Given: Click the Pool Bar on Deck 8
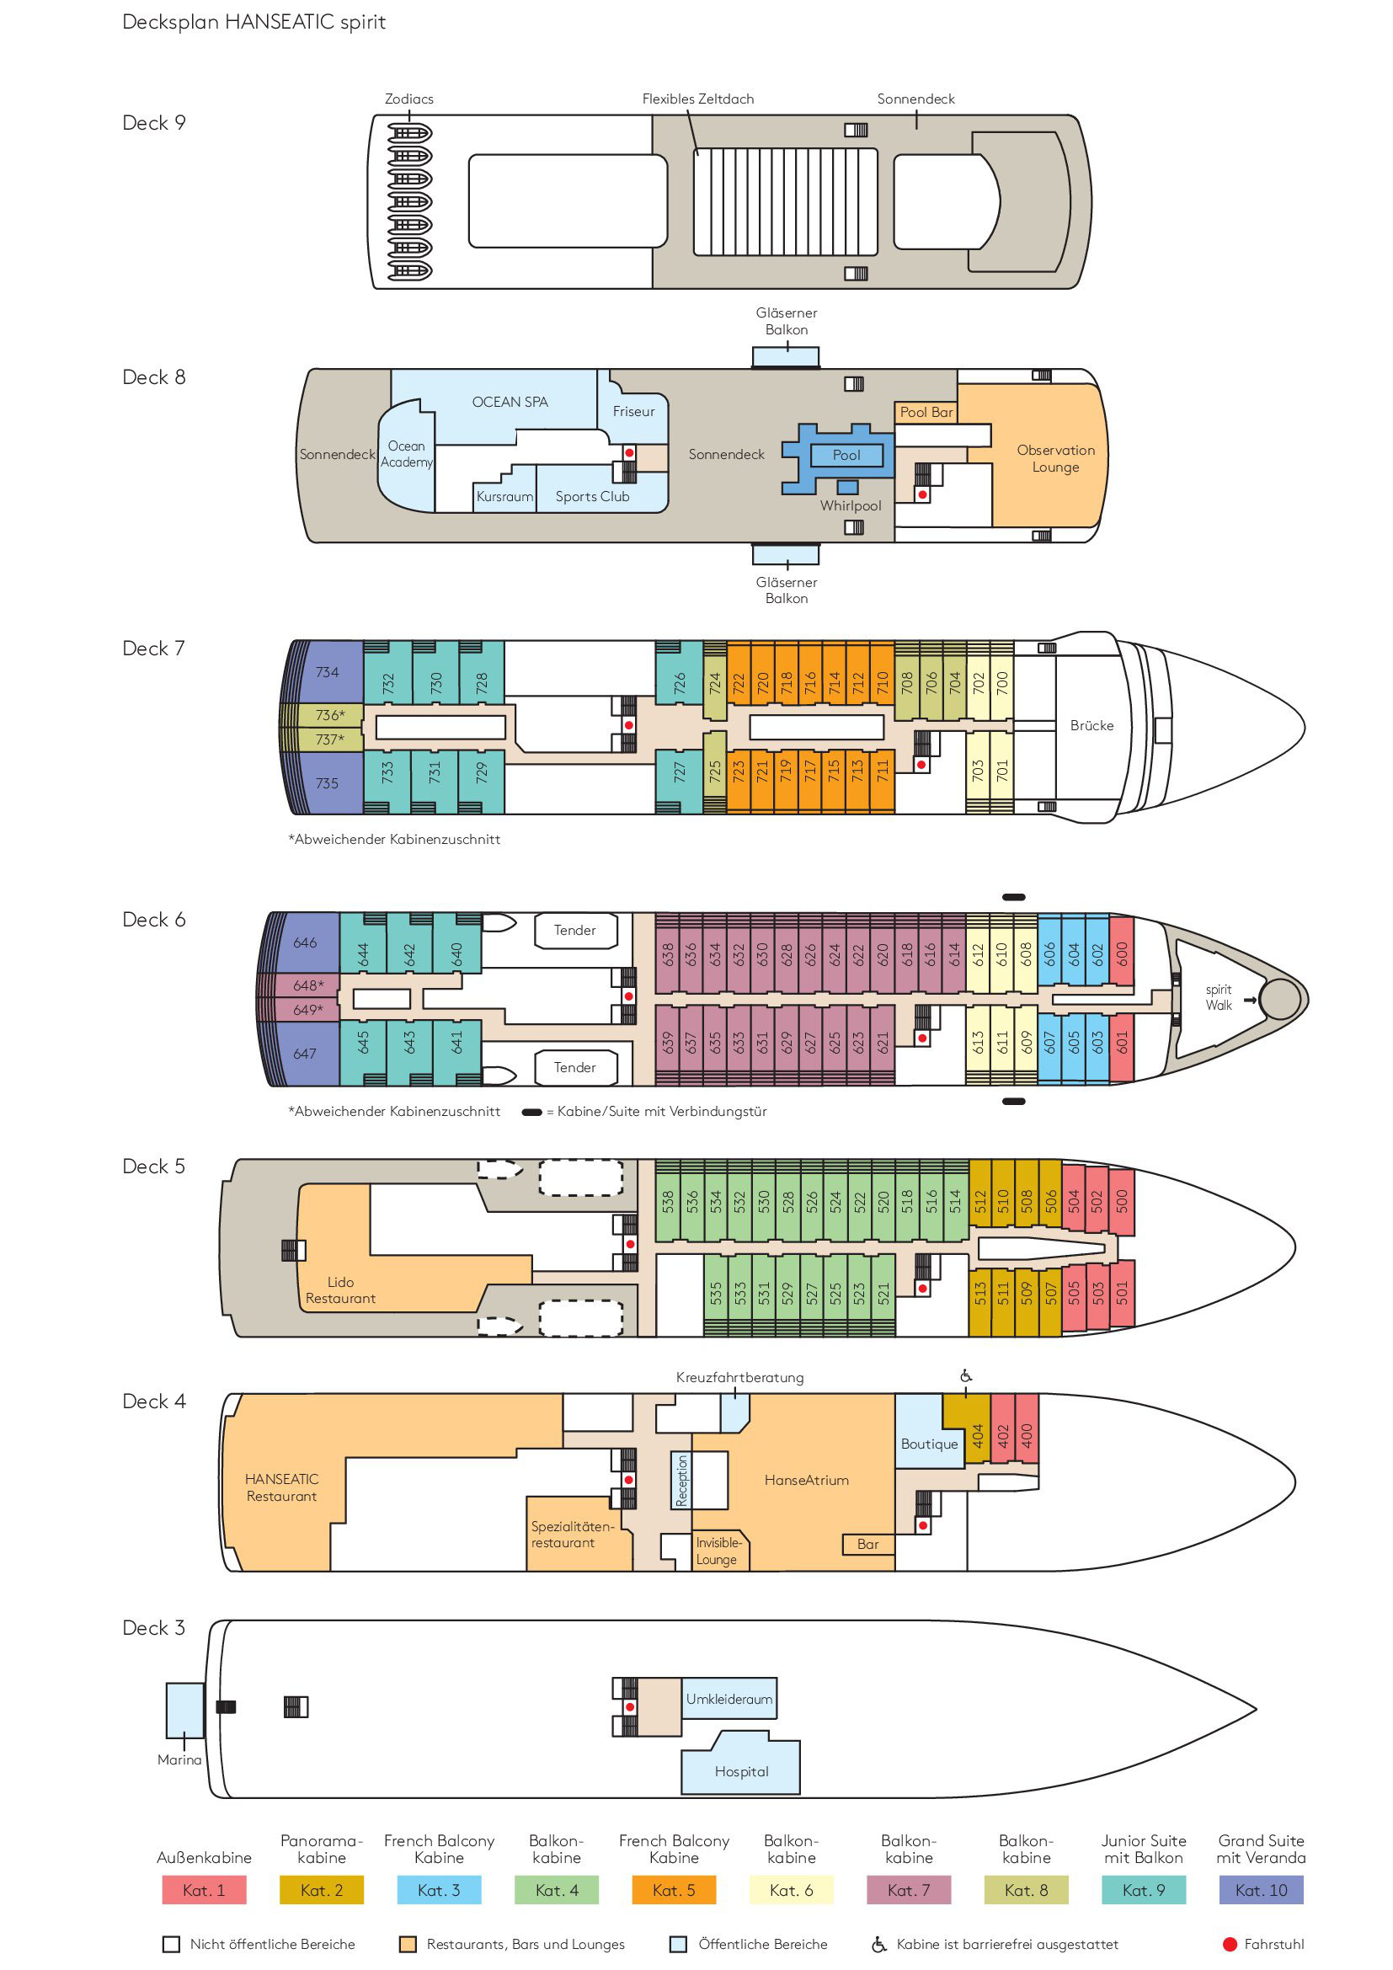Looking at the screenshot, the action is [x=926, y=412].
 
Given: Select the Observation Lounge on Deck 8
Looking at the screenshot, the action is [x=1049, y=459].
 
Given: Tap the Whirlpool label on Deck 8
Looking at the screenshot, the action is [x=850, y=505].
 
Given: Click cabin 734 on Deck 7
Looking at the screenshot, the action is [x=327, y=672].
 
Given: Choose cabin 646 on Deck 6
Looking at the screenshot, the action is [x=305, y=942].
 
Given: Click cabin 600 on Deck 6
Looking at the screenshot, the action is [x=1122, y=954].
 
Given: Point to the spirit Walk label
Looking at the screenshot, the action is [x=1218, y=997].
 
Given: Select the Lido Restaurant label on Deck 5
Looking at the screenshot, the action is [x=340, y=1289].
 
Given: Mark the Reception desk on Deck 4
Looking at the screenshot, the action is [x=682, y=1480].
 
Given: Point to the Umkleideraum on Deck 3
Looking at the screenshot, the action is [x=729, y=1698].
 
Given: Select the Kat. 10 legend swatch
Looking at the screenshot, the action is [x=1261, y=1889].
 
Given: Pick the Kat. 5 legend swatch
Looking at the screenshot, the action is [x=674, y=1889].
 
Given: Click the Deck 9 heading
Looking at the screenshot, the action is [x=153, y=123].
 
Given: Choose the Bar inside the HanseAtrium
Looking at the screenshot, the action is [x=868, y=1544].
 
